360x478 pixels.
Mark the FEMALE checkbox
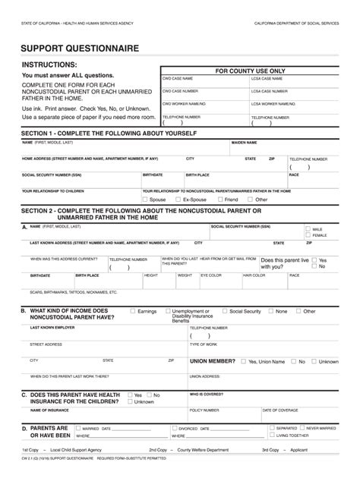(308, 235)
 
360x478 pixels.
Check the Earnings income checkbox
(134, 311)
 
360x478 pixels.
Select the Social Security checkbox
(226, 311)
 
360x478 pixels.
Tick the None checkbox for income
(271, 311)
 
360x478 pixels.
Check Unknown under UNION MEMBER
(314, 362)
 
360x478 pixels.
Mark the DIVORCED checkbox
(174, 429)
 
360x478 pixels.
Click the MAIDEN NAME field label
(244, 142)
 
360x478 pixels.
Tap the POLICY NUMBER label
(204, 410)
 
